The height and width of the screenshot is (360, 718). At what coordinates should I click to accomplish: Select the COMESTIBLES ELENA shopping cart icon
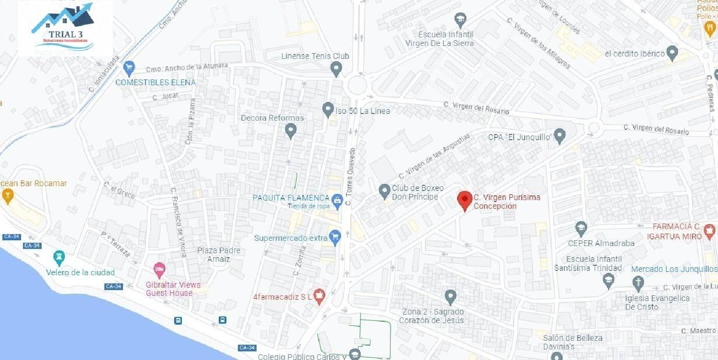click(x=128, y=68)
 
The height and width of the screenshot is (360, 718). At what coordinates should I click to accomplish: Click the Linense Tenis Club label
click(x=315, y=56)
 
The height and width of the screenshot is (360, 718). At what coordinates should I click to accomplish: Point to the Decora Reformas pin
click(x=291, y=130)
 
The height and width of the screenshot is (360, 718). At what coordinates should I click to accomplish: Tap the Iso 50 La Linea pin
click(x=328, y=110)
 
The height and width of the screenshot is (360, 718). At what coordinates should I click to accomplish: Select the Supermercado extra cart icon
click(x=335, y=236)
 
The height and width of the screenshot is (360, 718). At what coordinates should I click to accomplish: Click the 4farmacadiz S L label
click(x=282, y=296)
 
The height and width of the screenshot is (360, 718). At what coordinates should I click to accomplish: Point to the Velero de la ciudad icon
click(x=59, y=258)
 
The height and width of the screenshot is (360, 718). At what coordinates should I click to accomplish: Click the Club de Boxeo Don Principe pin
click(x=384, y=191)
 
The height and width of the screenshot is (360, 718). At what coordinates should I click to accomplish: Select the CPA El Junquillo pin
click(x=560, y=136)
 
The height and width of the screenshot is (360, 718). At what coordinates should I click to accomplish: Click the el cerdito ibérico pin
click(x=673, y=52)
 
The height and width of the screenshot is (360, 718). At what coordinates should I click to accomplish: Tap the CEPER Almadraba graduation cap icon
click(x=581, y=227)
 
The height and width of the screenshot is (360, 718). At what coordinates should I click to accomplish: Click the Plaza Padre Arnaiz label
click(x=219, y=255)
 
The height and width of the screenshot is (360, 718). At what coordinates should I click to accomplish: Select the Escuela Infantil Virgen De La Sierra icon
click(x=460, y=20)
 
